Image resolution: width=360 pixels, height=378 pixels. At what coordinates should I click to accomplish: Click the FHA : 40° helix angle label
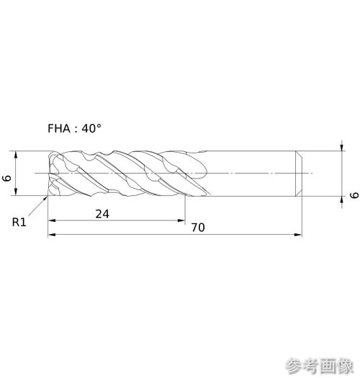(x=74, y=128)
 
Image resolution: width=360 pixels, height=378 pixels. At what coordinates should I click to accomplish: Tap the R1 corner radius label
(x=19, y=222)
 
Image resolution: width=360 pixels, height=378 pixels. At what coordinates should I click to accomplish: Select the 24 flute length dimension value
(x=102, y=214)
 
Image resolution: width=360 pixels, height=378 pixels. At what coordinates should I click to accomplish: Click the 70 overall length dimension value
(x=198, y=228)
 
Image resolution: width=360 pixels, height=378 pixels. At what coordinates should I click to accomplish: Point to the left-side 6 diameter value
(x=6, y=178)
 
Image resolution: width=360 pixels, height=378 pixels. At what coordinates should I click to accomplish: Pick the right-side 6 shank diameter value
(x=354, y=195)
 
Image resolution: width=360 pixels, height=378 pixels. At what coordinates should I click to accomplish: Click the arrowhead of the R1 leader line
(x=45, y=199)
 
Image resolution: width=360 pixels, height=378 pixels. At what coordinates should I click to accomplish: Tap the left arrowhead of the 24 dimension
(x=52, y=220)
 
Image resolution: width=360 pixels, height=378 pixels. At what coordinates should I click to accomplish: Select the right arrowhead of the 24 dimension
(x=181, y=220)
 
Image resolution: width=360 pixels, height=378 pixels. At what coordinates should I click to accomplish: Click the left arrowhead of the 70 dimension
(x=52, y=234)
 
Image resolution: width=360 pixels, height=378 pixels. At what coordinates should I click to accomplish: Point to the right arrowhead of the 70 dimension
(x=298, y=234)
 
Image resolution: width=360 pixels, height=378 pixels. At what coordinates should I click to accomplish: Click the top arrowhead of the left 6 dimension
(x=16, y=155)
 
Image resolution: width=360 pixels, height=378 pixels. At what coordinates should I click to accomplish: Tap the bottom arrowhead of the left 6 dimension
(x=16, y=192)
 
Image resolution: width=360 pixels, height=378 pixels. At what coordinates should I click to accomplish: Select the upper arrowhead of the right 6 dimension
(x=342, y=147)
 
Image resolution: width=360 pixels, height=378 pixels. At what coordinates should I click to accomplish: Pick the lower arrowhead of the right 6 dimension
(x=342, y=200)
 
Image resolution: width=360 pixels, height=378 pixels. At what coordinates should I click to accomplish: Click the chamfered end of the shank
(x=299, y=174)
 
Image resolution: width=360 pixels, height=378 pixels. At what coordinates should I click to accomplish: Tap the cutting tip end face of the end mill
(x=49, y=174)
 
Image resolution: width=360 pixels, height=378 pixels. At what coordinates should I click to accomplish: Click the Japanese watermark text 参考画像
(x=320, y=366)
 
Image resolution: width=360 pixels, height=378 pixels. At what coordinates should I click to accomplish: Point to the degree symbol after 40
(x=99, y=125)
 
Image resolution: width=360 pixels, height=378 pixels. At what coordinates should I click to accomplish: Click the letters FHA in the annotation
(x=59, y=128)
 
